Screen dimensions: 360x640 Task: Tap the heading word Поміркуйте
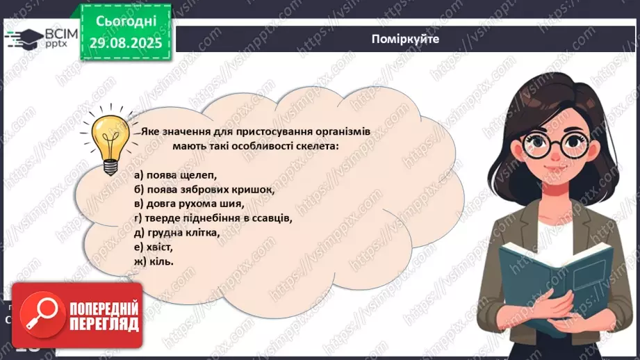pos(405,39)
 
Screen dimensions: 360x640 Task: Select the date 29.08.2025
pos(125,42)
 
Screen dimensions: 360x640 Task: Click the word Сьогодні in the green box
pos(125,21)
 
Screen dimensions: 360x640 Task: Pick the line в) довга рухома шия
pos(190,204)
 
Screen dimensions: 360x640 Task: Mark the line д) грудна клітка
pos(177,232)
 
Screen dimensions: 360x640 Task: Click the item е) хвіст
pos(154,247)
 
